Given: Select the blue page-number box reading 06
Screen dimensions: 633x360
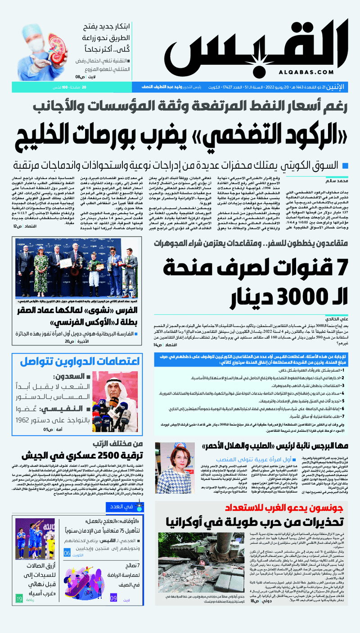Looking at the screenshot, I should (x=67, y=552).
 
